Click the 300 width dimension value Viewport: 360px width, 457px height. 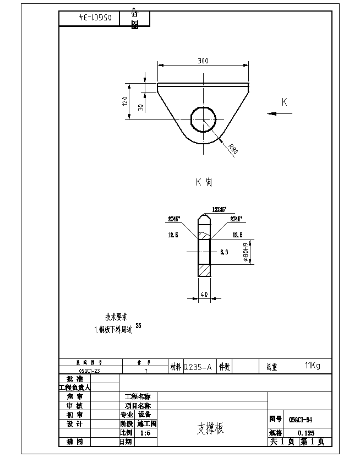pyautogui.click(x=203, y=61)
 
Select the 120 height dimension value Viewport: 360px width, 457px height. pyautogui.click(x=126, y=101)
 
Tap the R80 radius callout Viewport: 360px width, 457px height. pyautogui.click(x=233, y=149)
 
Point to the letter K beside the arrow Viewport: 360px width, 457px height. pyautogui.click(x=285, y=102)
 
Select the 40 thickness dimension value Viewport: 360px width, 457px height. pyautogui.click(x=204, y=295)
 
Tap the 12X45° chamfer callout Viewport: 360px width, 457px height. pyautogui.click(x=223, y=210)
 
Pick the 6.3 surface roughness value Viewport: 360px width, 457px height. pyautogui.click(x=224, y=252)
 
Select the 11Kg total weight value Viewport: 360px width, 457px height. pyautogui.click(x=312, y=366)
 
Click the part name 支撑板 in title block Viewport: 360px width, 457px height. pyautogui.click(x=211, y=428)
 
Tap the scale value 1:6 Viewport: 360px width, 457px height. pyautogui.click(x=145, y=433)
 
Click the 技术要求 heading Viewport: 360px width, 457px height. pyautogui.click(x=117, y=317)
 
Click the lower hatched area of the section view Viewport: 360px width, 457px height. pyautogui.click(x=204, y=271)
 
